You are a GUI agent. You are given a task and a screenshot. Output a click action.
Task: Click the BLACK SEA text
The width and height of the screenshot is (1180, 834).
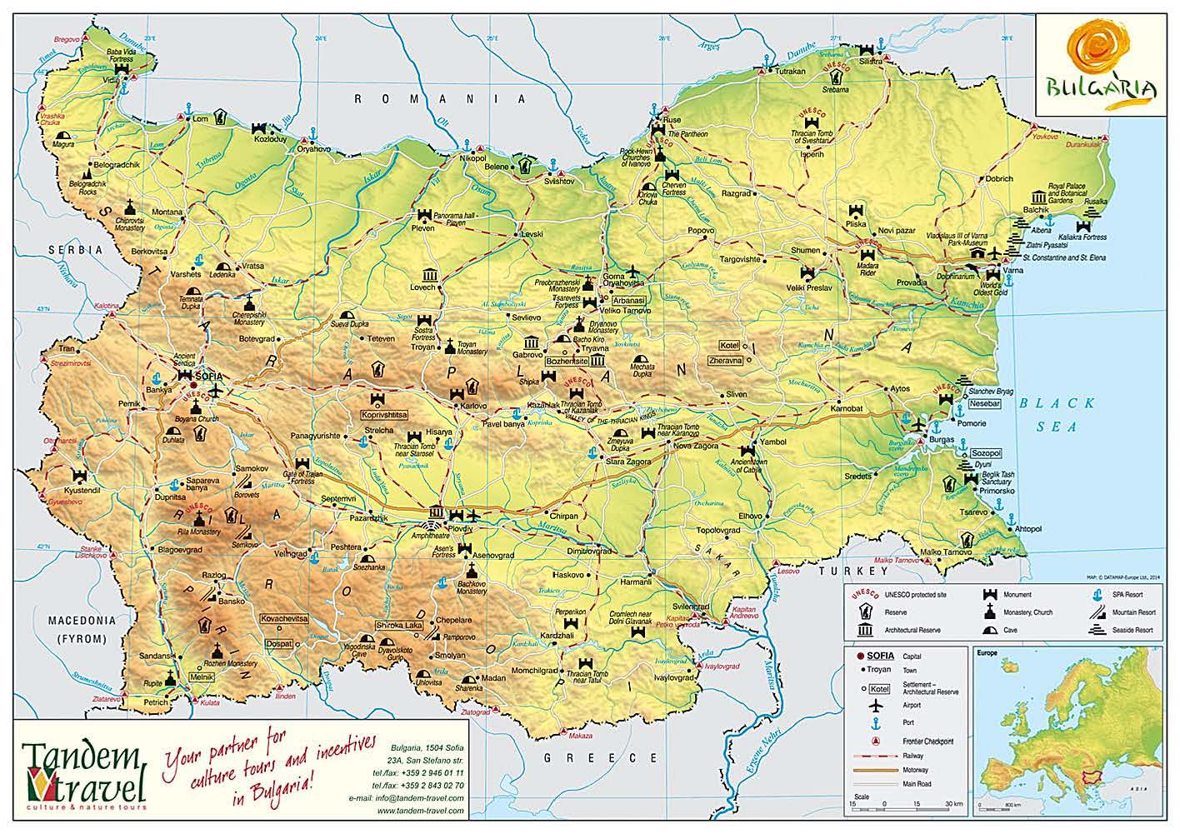point(1058,414)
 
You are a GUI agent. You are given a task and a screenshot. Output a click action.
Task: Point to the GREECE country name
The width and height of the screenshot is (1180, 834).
point(601,757)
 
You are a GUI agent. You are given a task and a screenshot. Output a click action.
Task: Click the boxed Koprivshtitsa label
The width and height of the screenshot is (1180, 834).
point(383,414)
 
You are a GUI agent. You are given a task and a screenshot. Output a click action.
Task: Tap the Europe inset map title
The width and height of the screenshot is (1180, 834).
point(988,655)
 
